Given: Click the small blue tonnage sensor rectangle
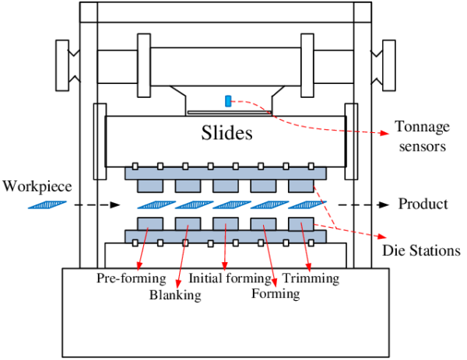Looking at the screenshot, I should [228, 100].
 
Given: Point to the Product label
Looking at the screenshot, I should [423, 204].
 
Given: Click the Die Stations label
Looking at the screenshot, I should [421, 250].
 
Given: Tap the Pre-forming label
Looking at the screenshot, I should [132, 278].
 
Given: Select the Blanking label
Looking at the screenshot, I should [175, 295].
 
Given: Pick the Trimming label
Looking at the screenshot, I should [311, 278].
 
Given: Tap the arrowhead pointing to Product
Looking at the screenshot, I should [382, 204].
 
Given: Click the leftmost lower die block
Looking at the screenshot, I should [149, 224].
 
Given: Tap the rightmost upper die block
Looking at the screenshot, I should [300, 186].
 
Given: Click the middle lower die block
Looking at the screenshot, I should [225, 224].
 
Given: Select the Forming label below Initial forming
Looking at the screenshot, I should [276, 294].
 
